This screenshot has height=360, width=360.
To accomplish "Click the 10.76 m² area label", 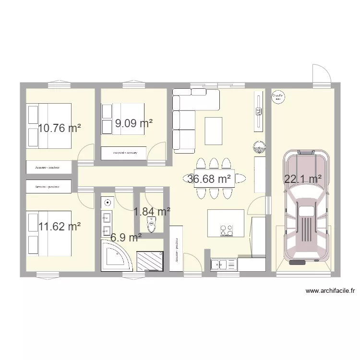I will click(60, 128).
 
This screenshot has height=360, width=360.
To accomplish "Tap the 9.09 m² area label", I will click(133, 123).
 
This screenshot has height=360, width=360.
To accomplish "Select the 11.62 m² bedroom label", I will click(60, 226).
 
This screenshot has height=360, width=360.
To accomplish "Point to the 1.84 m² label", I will click(152, 211).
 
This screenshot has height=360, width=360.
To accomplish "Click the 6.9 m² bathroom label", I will click(126, 237).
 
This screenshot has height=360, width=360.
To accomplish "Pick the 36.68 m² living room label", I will click(209, 179).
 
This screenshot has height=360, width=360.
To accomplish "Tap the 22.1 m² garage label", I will click(303, 179).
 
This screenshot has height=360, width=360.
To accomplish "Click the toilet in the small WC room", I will click(153, 225).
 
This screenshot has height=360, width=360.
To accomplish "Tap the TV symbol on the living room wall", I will click(259, 112).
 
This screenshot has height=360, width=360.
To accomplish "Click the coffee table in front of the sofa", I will click(214, 131).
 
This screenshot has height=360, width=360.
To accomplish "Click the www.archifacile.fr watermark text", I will click(330, 290).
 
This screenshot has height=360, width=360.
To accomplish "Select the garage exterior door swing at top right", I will click(321, 74).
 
